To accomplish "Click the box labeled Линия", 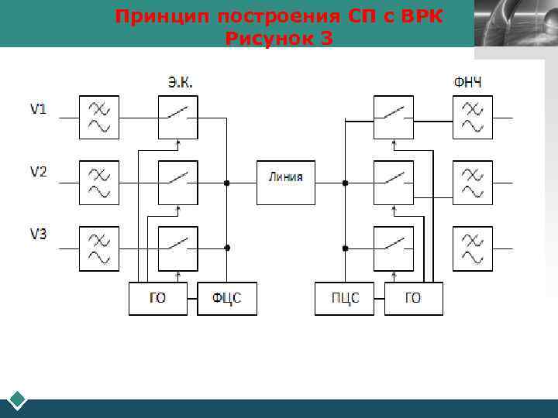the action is coord(286,183).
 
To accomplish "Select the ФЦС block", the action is coord(226,299).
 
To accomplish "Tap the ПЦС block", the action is coord(343,299).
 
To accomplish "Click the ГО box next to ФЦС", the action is coord(158,299).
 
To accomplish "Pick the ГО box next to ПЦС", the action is coord(413,299).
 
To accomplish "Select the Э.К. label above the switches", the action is coord(181,81).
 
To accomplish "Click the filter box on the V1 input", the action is coord(99,118).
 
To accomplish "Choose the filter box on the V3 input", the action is coord(99,248).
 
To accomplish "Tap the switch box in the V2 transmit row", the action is coord(177,183).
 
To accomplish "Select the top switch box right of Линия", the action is coord(393,118).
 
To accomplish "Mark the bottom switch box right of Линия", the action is coord(393,248).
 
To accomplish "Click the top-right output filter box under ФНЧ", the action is coord(473,118).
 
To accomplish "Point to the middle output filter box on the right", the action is coord(473,183).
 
